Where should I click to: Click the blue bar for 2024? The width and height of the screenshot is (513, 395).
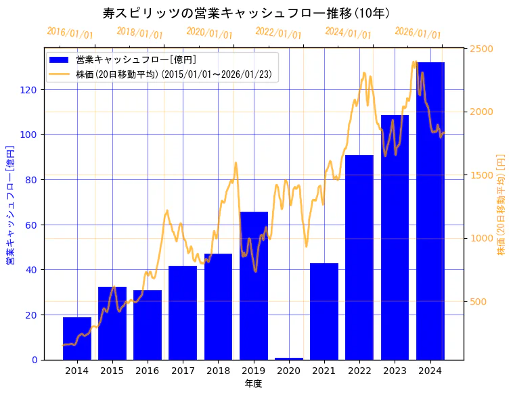point(430,210)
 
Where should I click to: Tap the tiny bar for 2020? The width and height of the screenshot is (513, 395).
point(289,358)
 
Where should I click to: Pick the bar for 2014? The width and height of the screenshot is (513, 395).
point(77,338)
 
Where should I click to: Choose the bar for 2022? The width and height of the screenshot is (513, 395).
point(359,257)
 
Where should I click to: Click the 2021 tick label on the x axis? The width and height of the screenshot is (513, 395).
point(324,371)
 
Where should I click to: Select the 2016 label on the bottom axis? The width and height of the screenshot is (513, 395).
point(148,371)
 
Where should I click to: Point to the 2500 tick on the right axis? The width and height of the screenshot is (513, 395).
point(481,49)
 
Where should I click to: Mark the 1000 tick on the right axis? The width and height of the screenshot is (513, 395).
point(481,238)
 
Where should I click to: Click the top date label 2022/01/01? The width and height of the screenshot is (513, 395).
point(278,33)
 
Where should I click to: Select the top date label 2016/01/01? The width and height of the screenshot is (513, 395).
point(70,33)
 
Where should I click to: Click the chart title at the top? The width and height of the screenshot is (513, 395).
point(246,14)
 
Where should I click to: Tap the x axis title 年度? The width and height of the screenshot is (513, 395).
point(253,384)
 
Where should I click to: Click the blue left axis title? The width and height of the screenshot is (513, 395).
point(11,205)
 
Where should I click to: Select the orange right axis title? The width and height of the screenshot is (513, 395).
point(501,205)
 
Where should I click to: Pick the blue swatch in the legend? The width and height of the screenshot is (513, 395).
point(60,60)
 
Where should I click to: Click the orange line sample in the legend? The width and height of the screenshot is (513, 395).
point(60,74)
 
